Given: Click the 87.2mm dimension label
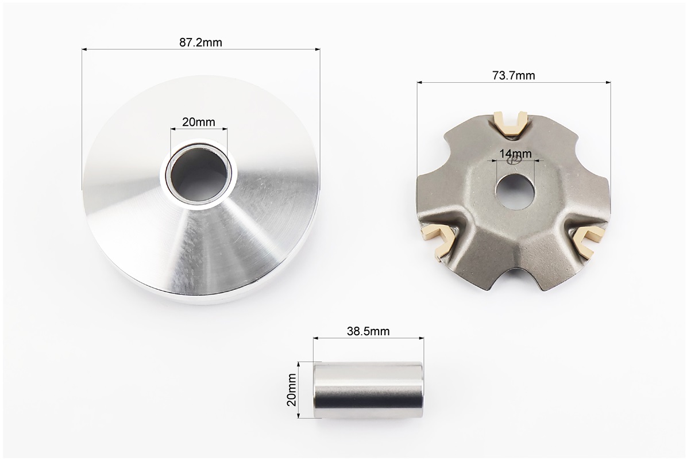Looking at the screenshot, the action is pyautogui.click(x=200, y=43).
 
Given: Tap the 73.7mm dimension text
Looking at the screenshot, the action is pyautogui.click(x=514, y=76).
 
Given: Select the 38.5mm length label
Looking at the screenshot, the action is pyautogui.click(x=368, y=331).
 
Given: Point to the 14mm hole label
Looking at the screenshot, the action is pyautogui.click(x=515, y=154).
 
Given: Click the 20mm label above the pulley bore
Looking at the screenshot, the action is pyautogui.click(x=199, y=122).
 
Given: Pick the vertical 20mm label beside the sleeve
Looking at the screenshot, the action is pyautogui.click(x=292, y=390).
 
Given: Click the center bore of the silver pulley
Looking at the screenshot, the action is pyautogui.click(x=199, y=174).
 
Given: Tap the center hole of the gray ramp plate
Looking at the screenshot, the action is pyautogui.click(x=515, y=191).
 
